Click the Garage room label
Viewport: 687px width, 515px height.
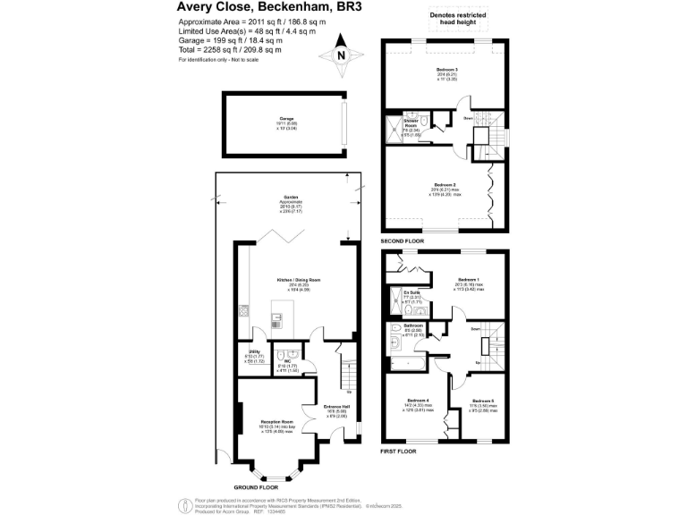tap(286, 118)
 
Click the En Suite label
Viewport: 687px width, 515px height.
tap(411, 292)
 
